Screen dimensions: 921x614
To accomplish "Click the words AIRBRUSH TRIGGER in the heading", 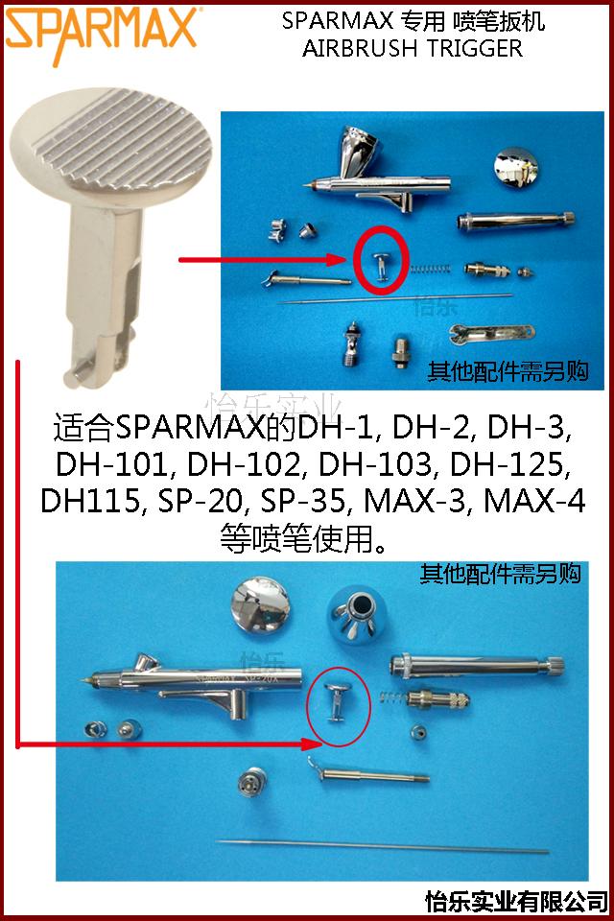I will [413, 49].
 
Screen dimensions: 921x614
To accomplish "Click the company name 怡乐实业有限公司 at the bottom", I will [516, 903].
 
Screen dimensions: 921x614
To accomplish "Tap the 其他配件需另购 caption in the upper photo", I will [508, 369].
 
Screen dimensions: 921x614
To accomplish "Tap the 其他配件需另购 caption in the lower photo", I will [501, 576].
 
